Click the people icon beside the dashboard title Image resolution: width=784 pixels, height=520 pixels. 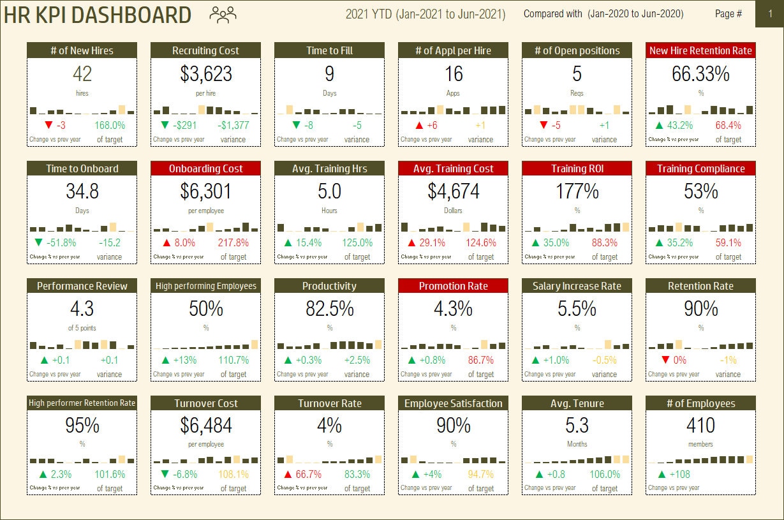click(223, 14)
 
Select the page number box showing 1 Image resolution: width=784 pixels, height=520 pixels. click(769, 14)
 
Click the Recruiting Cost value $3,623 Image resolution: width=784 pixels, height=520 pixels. click(205, 74)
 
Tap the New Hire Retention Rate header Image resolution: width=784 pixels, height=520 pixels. click(700, 50)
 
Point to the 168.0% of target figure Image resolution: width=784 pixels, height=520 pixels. click(110, 126)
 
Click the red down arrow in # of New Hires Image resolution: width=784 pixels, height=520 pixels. click(48, 126)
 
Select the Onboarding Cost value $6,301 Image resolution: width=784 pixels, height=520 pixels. click(205, 191)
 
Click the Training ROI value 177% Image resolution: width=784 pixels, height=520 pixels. click(577, 191)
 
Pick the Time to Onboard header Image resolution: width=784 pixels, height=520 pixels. click(82, 168)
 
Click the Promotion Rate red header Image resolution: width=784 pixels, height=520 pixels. click(453, 286)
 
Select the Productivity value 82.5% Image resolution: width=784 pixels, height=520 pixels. click(329, 309)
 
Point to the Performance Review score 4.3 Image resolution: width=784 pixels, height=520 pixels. click(82, 309)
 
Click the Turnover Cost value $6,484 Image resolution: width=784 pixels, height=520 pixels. click(205, 426)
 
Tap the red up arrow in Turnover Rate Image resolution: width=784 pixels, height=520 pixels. click(288, 475)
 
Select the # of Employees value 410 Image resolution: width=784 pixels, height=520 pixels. click(700, 426)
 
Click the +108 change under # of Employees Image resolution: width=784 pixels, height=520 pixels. click(680, 475)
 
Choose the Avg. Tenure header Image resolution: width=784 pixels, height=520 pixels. click(577, 403)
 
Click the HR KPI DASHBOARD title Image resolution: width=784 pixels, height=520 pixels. click(97, 15)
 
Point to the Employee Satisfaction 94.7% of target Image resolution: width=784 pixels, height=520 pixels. click(481, 475)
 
